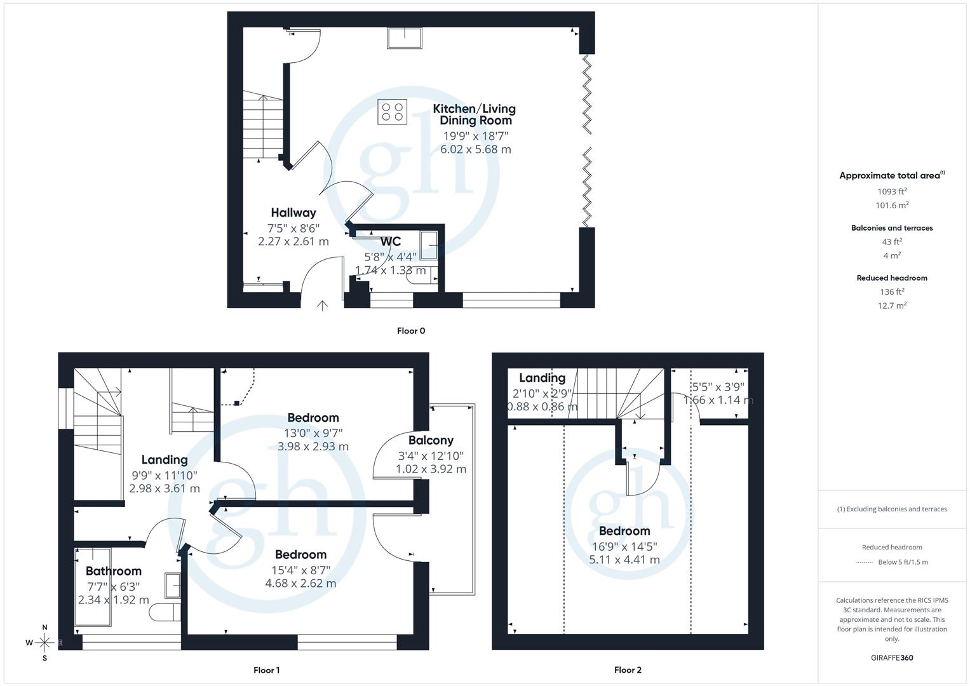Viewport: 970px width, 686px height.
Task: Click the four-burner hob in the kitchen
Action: [x=392, y=112]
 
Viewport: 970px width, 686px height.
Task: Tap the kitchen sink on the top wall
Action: [x=405, y=37]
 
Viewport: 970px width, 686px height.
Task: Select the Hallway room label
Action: [x=293, y=213]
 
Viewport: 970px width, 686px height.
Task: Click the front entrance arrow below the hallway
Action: [x=322, y=306]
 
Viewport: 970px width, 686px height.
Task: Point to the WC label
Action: [x=391, y=241]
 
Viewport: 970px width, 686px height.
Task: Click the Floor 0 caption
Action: [x=411, y=331]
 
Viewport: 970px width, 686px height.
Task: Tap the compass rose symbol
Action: [x=44, y=642]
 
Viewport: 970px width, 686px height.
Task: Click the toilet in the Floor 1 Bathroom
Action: [x=165, y=612]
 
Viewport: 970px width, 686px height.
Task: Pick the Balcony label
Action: [x=431, y=440]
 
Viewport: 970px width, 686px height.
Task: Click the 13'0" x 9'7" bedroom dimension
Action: [x=313, y=433]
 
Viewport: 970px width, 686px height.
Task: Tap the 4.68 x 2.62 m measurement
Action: [x=300, y=583]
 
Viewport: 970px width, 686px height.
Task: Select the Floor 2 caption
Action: [x=628, y=670]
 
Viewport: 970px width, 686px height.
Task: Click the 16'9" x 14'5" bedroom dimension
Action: [x=624, y=546]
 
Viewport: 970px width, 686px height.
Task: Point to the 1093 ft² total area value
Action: [x=892, y=191]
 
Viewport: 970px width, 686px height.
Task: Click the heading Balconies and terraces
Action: [x=892, y=228]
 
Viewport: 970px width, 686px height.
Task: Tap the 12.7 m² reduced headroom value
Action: [x=892, y=306]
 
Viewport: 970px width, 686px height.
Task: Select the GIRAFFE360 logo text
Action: [x=892, y=657]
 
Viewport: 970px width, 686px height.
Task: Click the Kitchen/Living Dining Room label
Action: [x=475, y=114]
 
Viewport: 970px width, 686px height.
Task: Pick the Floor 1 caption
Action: [x=266, y=670]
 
